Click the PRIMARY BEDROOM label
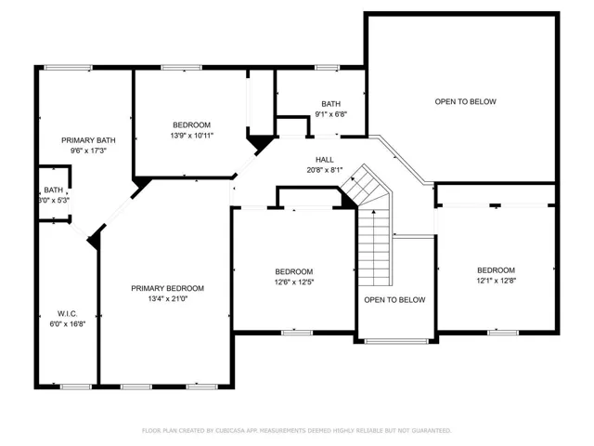(x=167, y=288)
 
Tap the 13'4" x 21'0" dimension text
(x=167, y=298)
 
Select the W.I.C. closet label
(x=68, y=314)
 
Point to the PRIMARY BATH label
(x=88, y=140)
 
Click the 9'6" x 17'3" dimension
(x=88, y=151)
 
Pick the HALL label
(x=325, y=160)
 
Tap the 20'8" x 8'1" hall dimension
(x=325, y=170)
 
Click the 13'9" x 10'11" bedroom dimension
(x=192, y=136)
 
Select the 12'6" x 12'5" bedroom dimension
(x=294, y=282)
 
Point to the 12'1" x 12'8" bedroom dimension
(x=497, y=281)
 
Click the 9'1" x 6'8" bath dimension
(x=331, y=113)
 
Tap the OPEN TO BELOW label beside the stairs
(x=394, y=300)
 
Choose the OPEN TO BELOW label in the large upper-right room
(x=465, y=101)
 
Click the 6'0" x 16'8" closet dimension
(x=68, y=324)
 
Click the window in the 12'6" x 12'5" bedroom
(x=297, y=333)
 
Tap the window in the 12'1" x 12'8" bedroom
(x=503, y=333)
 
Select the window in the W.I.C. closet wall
(x=76, y=387)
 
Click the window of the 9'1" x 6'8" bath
(x=328, y=68)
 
